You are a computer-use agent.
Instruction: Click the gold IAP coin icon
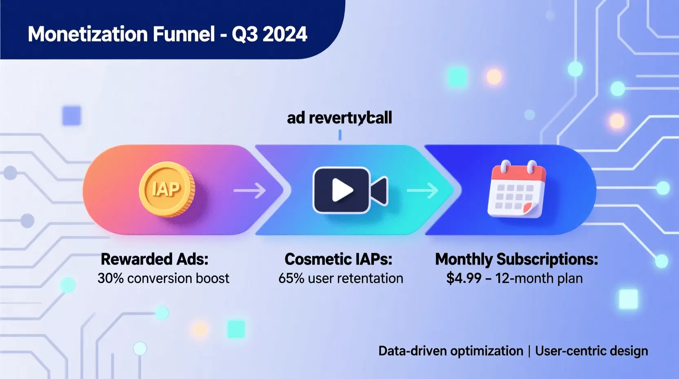tap(166, 189)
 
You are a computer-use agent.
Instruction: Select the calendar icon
tap(517, 190)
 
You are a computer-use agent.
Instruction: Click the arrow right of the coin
tap(249, 190)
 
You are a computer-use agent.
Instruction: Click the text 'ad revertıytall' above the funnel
tap(339, 118)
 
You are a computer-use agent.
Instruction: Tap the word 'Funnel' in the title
tap(184, 34)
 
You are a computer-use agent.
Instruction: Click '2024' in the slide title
tap(284, 34)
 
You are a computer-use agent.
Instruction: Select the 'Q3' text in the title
tap(245, 34)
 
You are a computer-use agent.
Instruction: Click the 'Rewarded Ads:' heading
tap(155, 259)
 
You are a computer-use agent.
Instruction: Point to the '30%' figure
tap(110, 279)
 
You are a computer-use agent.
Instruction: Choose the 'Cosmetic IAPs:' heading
tap(338, 259)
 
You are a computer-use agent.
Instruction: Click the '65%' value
tap(291, 279)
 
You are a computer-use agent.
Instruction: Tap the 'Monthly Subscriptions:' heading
tap(516, 259)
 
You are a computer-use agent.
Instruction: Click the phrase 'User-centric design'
tap(591, 351)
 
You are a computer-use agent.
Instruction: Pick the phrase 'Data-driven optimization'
tap(450, 351)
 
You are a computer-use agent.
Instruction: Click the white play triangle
tap(342, 190)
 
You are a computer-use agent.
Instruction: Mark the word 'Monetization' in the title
tap(88, 34)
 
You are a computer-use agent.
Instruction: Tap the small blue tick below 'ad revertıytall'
tap(340, 135)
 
